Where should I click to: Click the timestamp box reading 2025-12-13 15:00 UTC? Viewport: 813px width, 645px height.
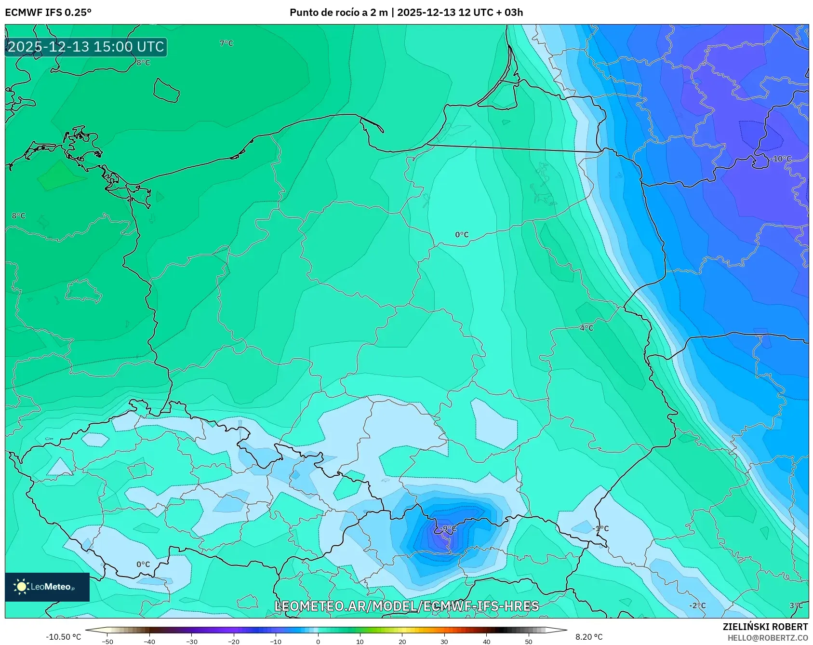click(86, 47)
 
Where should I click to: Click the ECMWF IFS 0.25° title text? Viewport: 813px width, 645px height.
click(48, 12)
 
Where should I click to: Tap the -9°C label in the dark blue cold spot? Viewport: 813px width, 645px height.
click(448, 528)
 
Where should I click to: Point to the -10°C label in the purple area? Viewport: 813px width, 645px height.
click(781, 159)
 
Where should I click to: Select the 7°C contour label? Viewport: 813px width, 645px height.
click(227, 43)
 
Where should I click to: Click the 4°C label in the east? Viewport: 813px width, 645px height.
click(586, 328)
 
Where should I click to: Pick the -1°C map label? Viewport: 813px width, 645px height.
click(601, 528)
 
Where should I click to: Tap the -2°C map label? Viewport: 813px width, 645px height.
click(697, 605)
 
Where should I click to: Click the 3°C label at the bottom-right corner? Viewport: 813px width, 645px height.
click(796, 605)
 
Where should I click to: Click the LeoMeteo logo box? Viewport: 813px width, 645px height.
click(47, 587)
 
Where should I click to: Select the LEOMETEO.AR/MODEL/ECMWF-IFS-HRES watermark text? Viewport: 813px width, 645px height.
click(406, 606)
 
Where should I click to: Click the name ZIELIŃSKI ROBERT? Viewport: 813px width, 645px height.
click(765, 627)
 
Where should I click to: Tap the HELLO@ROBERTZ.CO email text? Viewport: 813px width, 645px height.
click(768, 638)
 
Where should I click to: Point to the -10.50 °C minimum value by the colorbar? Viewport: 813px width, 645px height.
click(64, 637)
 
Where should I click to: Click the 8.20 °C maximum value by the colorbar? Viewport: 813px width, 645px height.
click(589, 637)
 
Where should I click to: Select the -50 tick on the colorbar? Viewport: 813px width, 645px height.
click(107, 642)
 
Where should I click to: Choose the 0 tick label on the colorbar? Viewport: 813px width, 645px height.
click(318, 642)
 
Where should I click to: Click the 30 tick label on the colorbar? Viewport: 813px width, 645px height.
click(444, 642)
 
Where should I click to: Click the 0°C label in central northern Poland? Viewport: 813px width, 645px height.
click(462, 235)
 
